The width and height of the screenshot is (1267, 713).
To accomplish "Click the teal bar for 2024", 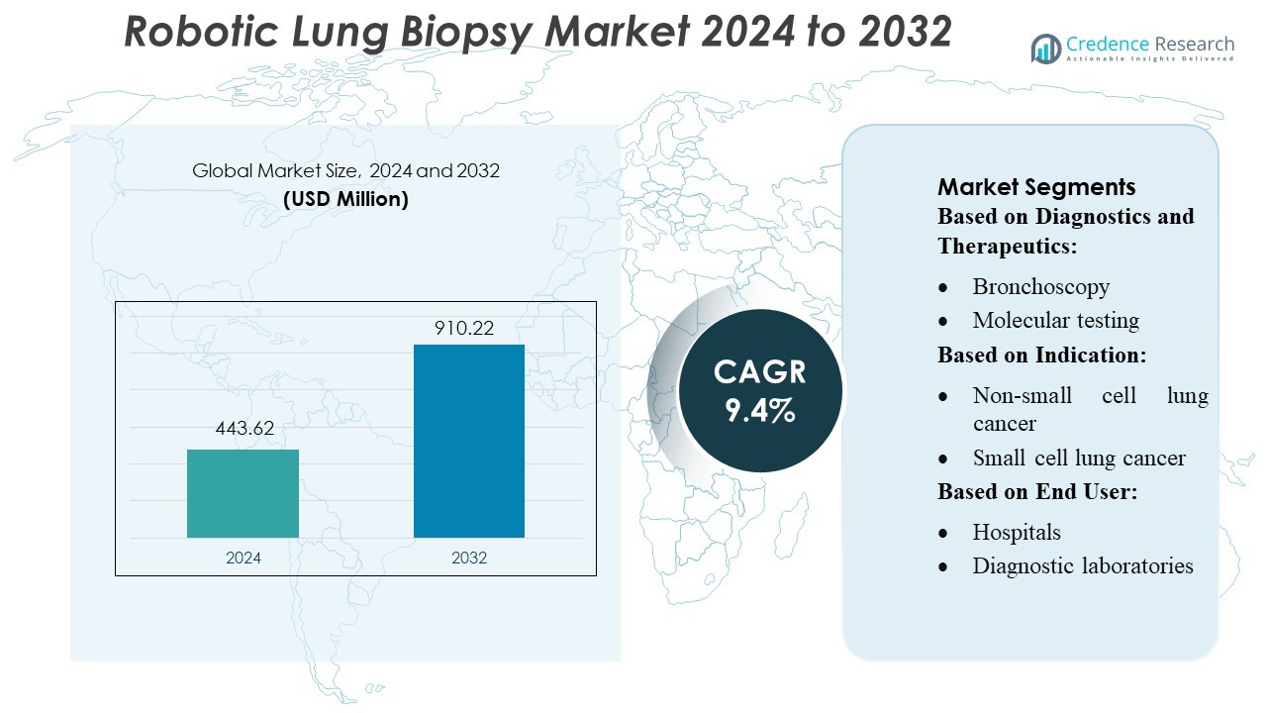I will click(243, 493).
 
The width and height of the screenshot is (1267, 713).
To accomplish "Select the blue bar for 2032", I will click(468, 441).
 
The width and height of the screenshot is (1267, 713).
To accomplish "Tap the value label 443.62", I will click(244, 429).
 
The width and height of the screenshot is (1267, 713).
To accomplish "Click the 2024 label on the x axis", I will click(244, 558).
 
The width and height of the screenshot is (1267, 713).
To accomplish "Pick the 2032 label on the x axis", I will click(469, 558).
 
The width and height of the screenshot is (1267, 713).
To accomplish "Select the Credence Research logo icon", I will click(1045, 49).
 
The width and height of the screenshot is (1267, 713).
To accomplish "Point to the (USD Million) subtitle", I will click(345, 198).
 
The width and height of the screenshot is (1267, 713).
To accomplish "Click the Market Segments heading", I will click(1036, 187).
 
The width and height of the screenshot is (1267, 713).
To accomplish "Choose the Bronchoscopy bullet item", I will click(1040, 286).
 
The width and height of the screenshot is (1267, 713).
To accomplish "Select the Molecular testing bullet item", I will click(1055, 320).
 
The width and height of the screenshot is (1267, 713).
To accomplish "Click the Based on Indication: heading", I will click(1042, 354).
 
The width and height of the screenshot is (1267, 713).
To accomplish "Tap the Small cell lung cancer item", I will click(1079, 458).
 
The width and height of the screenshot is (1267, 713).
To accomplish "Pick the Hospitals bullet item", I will click(1017, 532).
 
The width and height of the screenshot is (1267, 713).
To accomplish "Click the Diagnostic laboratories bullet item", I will click(1083, 565).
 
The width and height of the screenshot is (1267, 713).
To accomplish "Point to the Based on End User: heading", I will click(1037, 491).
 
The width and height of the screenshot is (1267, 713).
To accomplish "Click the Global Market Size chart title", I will click(345, 170).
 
